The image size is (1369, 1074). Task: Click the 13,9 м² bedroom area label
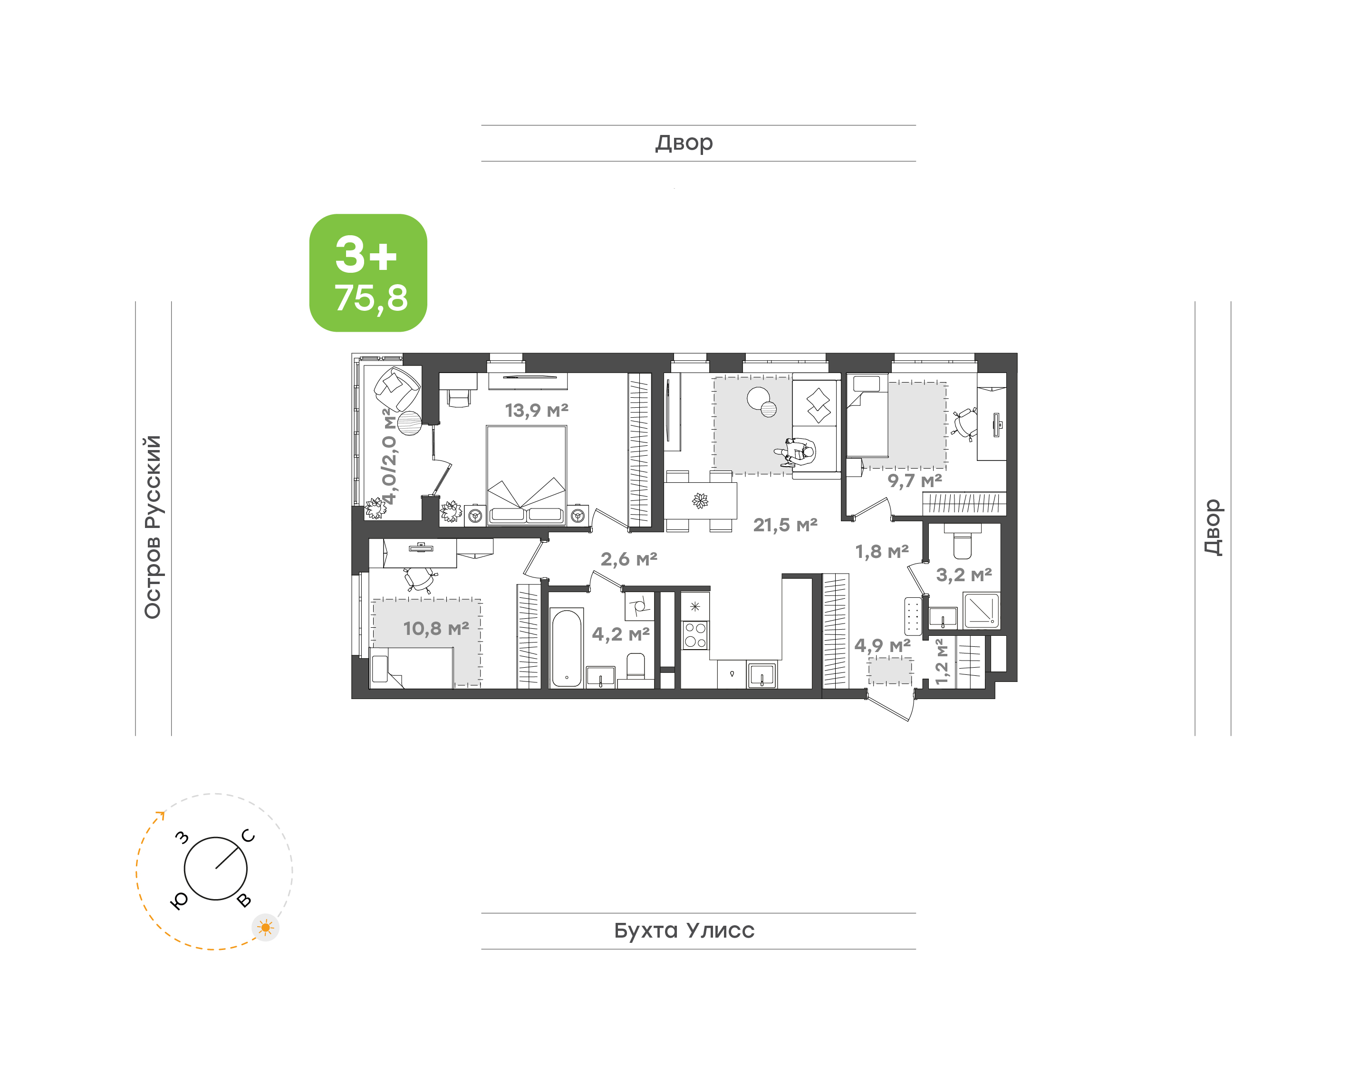pyautogui.click(x=536, y=411)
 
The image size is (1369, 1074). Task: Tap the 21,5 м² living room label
pyautogui.click(x=785, y=525)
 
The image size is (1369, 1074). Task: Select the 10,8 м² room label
pyautogui.click(x=436, y=628)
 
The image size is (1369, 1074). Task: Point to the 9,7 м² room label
pyautogui.click(x=915, y=481)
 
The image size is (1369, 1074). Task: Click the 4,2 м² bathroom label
pyautogui.click(x=621, y=634)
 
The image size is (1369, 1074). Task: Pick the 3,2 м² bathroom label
pyautogui.click(x=964, y=575)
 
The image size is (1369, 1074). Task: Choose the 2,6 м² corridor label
pyautogui.click(x=629, y=559)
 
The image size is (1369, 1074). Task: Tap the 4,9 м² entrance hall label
pyautogui.click(x=882, y=645)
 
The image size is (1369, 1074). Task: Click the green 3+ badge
pyautogui.click(x=368, y=273)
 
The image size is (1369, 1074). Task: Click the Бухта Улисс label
pyautogui.click(x=684, y=930)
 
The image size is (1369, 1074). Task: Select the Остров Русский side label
pyautogui.click(x=153, y=527)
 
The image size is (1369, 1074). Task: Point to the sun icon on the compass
pyautogui.click(x=265, y=928)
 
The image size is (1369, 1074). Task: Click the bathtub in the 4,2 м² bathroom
pyautogui.click(x=567, y=648)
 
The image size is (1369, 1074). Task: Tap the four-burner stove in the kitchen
pyautogui.click(x=695, y=634)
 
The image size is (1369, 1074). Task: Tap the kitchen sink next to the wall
pyautogui.click(x=762, y=675)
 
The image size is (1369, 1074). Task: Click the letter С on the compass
pyautogui.click(x=249, y=836)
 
